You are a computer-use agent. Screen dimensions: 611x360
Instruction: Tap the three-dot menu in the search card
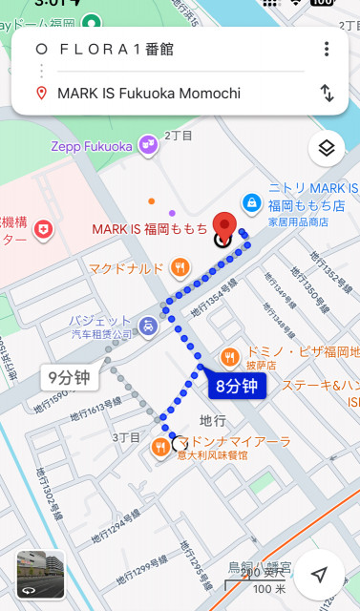point(327,50)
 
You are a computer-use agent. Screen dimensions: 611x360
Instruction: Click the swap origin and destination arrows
point(327,93)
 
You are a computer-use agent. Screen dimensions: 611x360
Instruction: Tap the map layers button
point(326,148)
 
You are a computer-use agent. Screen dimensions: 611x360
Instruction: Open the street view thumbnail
point(40,575)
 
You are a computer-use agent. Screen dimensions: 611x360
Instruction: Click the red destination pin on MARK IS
point(223,225)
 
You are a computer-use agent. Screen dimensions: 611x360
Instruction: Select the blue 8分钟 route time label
point(237,387)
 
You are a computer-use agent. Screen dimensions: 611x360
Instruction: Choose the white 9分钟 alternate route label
point(70,377)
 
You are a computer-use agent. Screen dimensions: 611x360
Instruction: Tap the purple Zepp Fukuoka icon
point(148,145)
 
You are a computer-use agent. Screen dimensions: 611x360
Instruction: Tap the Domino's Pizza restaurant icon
point(230,358)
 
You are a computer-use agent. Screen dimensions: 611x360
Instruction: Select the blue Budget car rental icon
point(150,327)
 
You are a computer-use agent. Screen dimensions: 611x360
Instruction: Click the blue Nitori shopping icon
point(250,202)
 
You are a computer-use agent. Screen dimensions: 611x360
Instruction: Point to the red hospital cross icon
point(43,229)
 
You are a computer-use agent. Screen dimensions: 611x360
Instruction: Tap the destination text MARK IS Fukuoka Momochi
point(148,93)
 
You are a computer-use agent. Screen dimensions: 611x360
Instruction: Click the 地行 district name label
point(212,420)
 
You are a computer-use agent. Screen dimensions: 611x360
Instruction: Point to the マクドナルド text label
point(126,269)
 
